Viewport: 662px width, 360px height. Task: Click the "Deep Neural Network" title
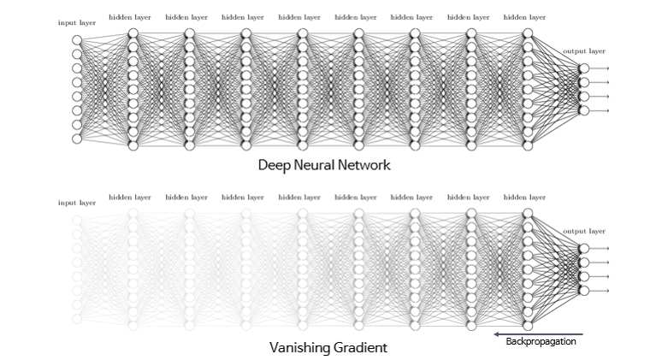point(324,165)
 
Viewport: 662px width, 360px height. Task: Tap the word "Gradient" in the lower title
point(360,348)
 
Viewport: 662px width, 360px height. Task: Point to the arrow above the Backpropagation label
point(538,333)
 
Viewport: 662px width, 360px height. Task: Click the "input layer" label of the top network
point(76,22)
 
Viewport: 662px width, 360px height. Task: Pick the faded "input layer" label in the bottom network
point(76,203)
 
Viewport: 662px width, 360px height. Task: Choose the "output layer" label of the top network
point(584,51)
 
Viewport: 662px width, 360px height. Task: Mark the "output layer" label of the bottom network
point(584,231)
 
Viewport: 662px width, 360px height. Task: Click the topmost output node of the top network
point(584,68)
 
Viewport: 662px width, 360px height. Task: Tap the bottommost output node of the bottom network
point(584,291)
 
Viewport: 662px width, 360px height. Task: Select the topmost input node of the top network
point(77,40)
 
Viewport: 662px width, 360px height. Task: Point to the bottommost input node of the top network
point(77,139)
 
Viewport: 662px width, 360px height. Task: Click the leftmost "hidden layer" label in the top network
point(129,16)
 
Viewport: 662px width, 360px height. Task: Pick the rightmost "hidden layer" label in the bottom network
point(524,197)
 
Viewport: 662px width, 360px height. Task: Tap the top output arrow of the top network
point(600,68)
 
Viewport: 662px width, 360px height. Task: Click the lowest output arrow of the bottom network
point(600,291)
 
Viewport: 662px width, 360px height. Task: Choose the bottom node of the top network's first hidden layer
point(133,145)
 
